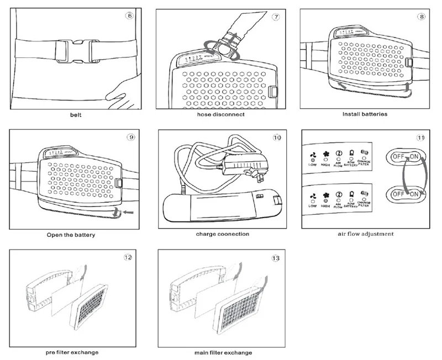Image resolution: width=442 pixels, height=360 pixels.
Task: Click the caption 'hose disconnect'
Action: [222, 115]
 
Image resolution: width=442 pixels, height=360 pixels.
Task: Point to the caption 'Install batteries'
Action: [365, 114]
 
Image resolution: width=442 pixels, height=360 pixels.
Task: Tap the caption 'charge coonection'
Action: [223, 234]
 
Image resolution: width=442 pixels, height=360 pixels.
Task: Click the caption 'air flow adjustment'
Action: [366, 234]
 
